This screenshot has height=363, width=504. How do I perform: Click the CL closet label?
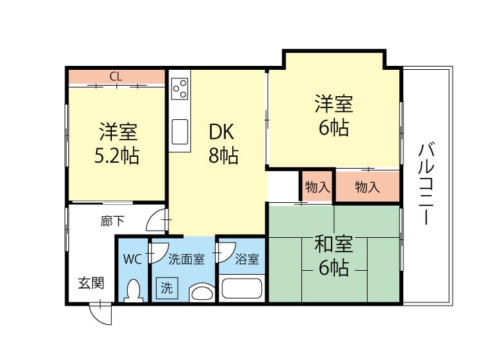pos(116,77)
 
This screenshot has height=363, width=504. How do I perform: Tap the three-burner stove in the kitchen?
pos(180,88)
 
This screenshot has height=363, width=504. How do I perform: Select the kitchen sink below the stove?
pos(180,132)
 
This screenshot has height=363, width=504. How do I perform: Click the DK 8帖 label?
pos(223,144)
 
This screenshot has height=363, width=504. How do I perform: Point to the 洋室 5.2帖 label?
pos(117,144)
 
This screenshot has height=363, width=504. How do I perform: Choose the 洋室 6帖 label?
pos(334,115)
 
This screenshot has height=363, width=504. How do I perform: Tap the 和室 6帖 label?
pos(334,256)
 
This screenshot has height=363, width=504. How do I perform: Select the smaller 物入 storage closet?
pos(317,186)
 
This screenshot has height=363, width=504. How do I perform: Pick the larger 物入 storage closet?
pos(367,186)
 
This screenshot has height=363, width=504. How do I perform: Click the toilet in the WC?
pos(134,291)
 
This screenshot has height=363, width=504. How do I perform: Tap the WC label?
pos(132,259)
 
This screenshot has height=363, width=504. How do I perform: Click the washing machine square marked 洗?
pos(166,288)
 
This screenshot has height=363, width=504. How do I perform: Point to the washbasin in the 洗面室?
pos(201,293)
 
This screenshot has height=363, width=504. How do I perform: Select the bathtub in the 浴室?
pos(241,289)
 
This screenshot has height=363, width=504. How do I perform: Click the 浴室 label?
pos(247,259)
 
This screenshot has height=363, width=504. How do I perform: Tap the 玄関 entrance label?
pos(91,283)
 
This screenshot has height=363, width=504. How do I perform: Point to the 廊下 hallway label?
pos(112,221)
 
